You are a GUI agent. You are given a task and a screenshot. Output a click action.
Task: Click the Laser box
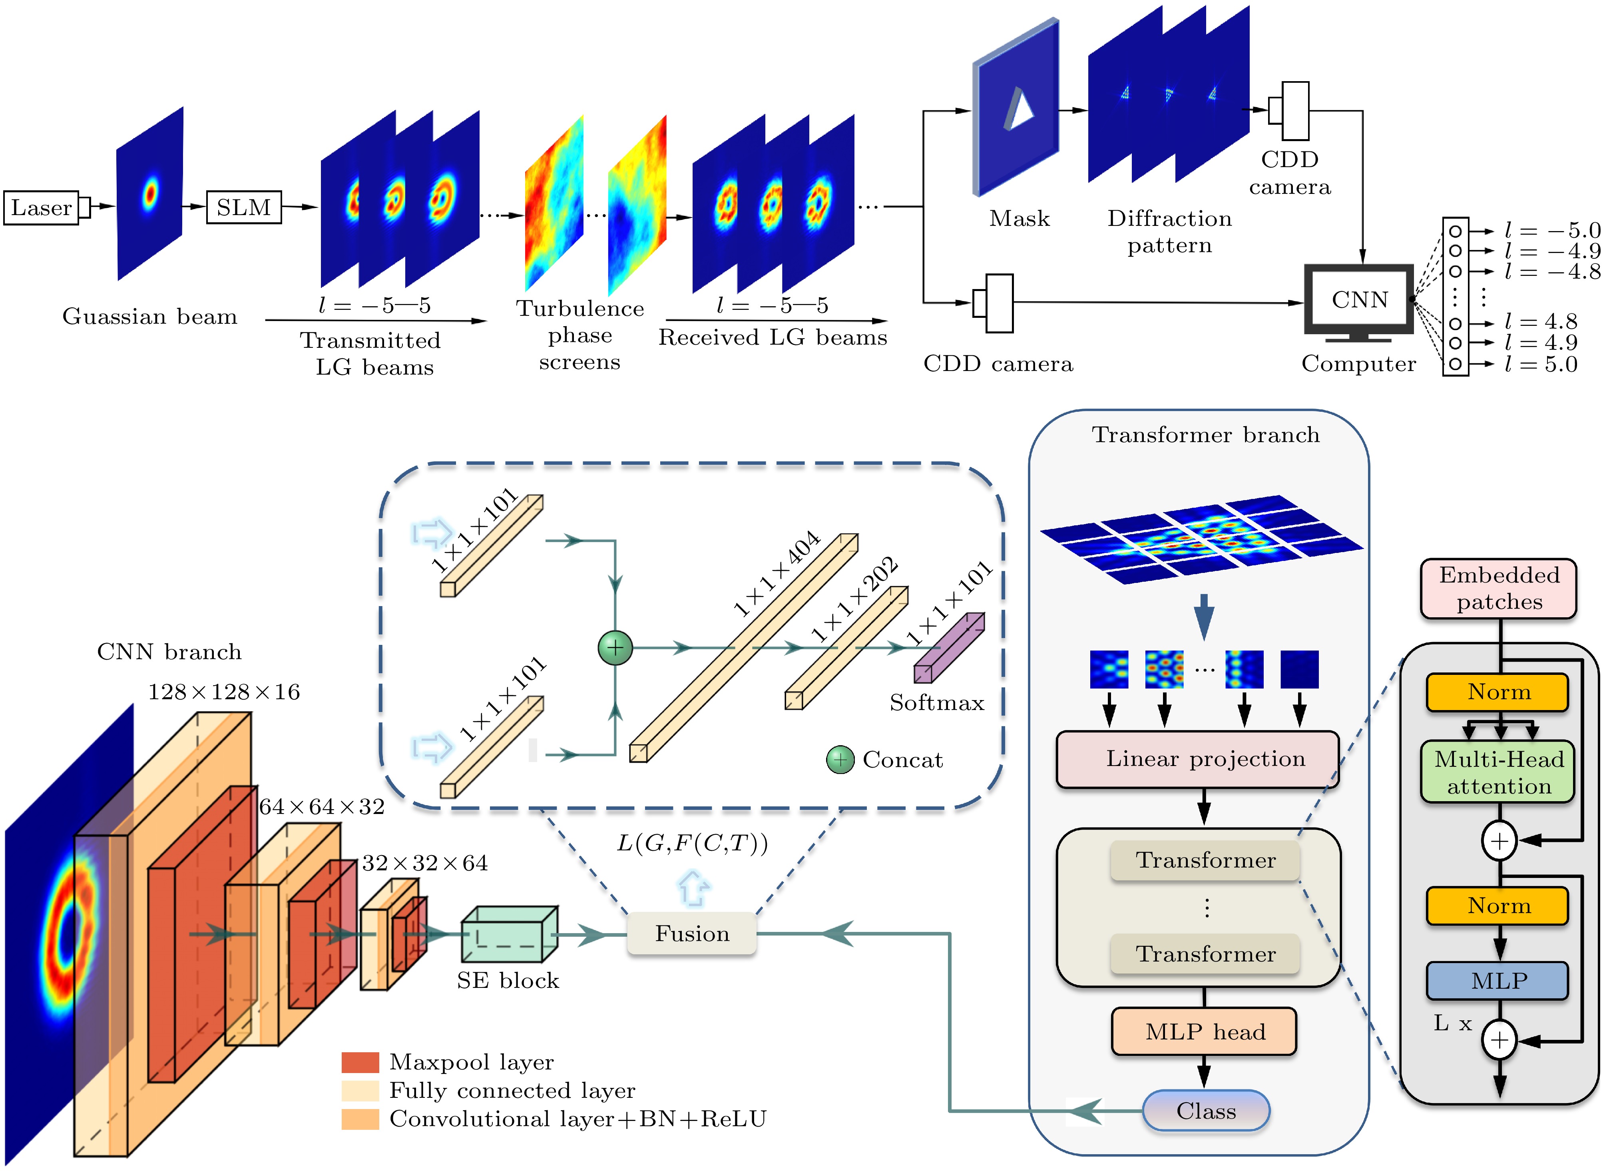[41, 207]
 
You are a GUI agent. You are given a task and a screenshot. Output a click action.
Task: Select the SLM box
[243, 207]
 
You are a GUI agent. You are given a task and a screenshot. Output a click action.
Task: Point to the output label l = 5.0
[1541, 364]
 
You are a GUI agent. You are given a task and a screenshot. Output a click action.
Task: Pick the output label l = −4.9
[1552, 251]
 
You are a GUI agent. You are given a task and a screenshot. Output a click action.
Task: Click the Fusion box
[692, 934]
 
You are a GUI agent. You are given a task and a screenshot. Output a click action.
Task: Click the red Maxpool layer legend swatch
[360, 1062]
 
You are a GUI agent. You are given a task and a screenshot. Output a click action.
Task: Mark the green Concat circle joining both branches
[615, 647]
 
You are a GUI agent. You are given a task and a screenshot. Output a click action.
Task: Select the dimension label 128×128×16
[224, 692]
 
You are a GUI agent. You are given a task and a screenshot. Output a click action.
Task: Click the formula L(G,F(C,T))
[692, 843]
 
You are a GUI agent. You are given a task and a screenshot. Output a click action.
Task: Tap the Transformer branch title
[1205, 435]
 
